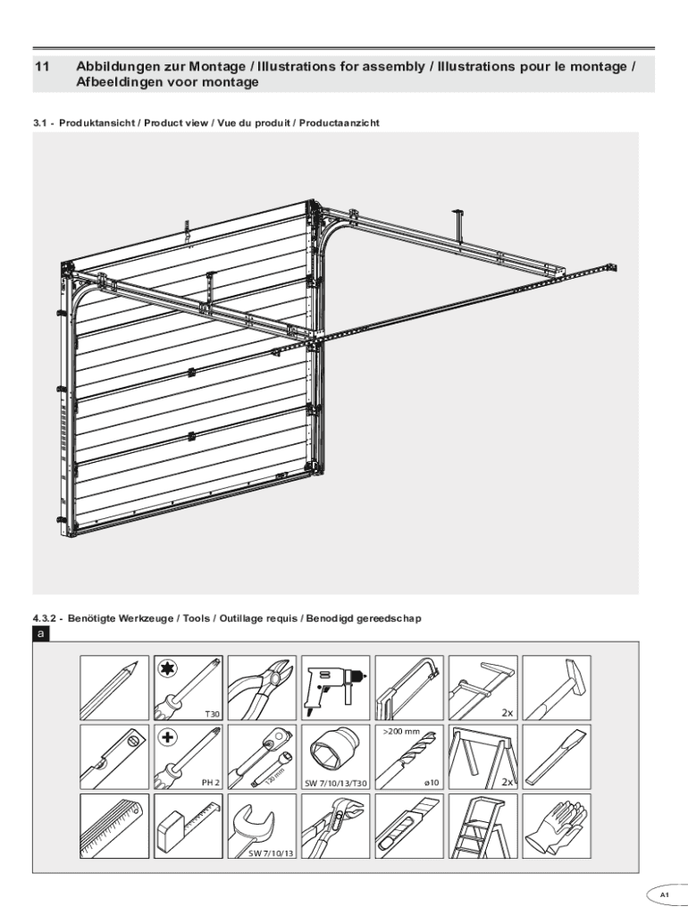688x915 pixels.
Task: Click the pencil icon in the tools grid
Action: click(x=114, y=688)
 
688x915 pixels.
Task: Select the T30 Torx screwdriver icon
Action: click(x=189, y=688)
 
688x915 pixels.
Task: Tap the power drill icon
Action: click(x=336, y=688)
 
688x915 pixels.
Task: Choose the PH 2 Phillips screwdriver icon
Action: click(x=189, y=757)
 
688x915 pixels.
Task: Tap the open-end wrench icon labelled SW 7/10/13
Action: click(x=262, y=827)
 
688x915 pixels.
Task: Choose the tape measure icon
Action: click(x=189, y=827)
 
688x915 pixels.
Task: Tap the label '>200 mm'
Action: click(x=401, y=732)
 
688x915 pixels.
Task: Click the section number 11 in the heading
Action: click(x=41, y=66)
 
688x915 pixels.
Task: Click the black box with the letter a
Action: click(x=41, y=634)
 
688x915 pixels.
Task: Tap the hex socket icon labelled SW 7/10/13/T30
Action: click(x=336, y=757)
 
